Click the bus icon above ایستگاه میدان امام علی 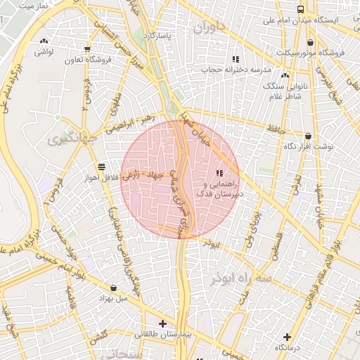(301, 9)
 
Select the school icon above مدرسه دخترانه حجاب (236, 58)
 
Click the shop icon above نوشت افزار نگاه (308, 136)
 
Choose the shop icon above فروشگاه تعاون (86, 49)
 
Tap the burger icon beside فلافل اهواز (103, 167)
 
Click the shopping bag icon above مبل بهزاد (113, 287)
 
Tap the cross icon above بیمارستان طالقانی (163, 323)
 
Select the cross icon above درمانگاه (287, 337)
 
